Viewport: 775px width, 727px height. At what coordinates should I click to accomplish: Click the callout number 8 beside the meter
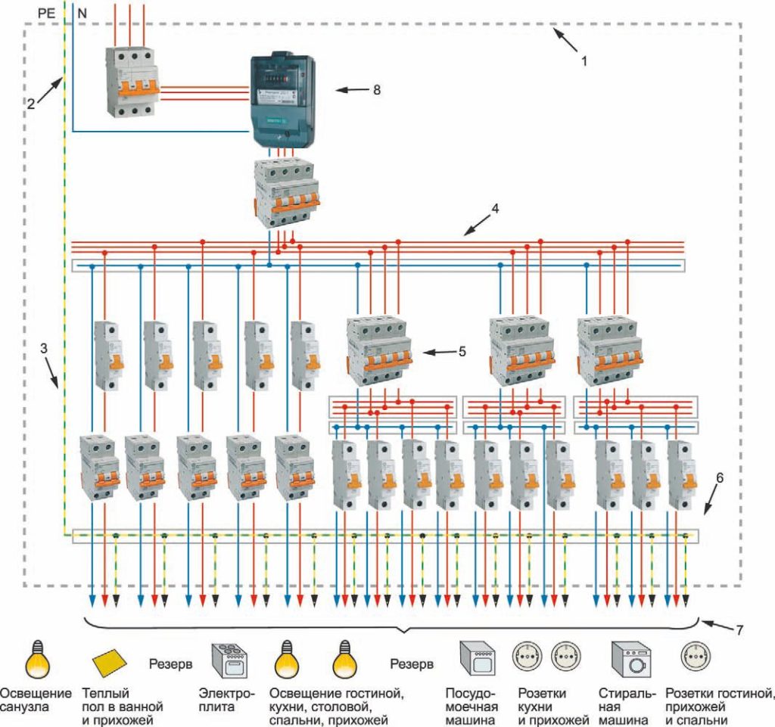pyautogui.click(x=375, y=90)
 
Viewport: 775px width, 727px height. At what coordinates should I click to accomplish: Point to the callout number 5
pyautogui.click(x=462, y=352)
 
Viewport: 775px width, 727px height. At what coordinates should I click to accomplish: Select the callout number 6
pyautogui.click(x=720, y=478)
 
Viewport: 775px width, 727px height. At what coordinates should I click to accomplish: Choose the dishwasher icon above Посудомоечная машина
pyautogui.click(x=479, y=660)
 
